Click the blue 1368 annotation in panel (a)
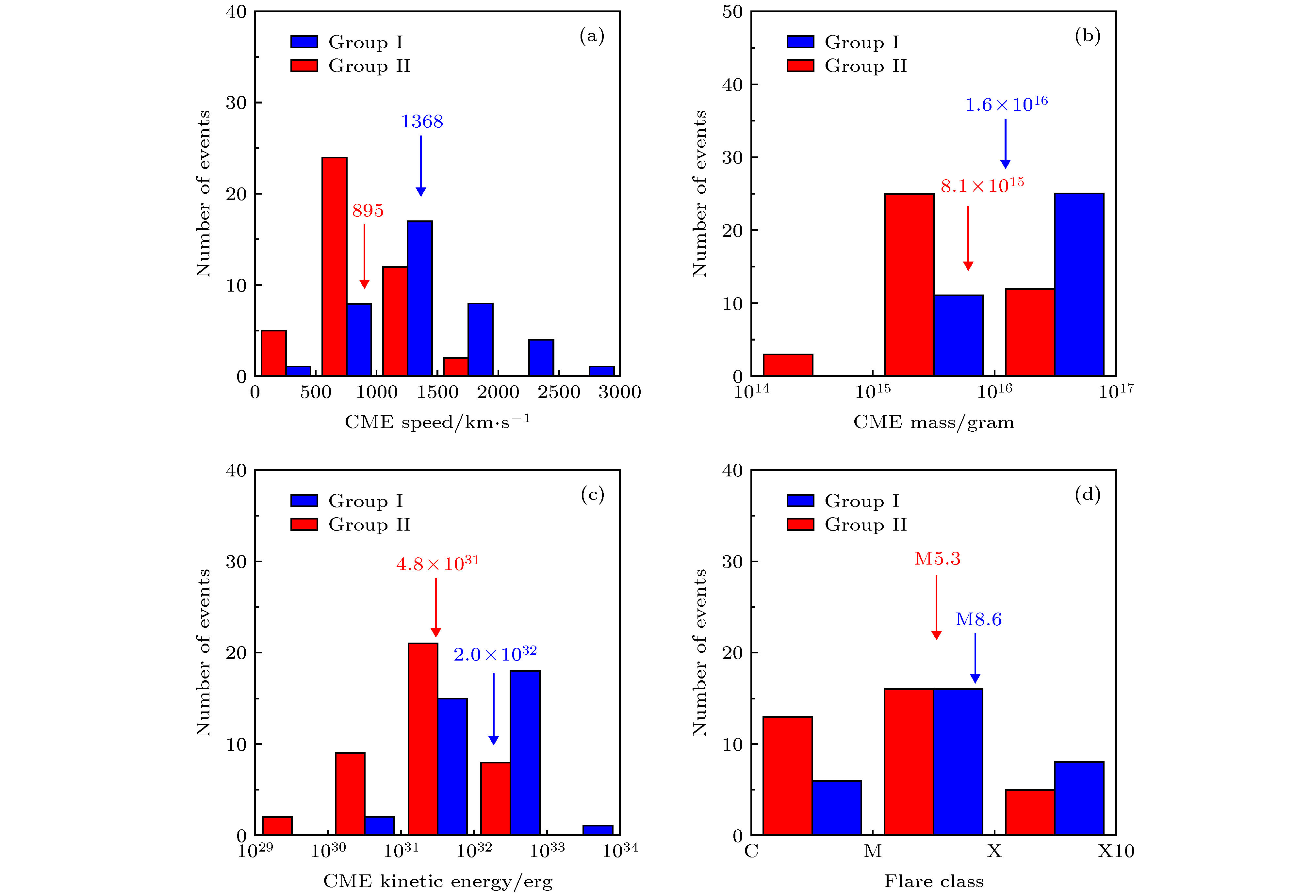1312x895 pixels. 422,121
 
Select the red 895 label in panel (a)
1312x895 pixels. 368,211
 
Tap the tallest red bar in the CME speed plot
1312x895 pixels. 334,266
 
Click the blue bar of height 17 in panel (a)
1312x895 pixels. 419,298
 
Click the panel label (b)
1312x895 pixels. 1087,36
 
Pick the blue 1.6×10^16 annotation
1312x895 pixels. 1006,104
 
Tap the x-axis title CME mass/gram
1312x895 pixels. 933,422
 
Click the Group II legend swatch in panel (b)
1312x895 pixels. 800,66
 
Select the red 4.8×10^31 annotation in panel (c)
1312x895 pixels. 437,563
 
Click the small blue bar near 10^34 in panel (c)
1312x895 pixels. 598,830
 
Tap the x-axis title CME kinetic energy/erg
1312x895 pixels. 437,881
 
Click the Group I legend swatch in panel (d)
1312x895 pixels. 800,501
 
